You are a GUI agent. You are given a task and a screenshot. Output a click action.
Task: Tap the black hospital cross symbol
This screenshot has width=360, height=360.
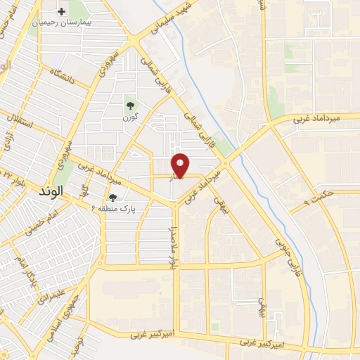coord(63,11)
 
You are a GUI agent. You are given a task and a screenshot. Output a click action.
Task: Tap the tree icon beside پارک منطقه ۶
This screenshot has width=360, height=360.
coord(112,198)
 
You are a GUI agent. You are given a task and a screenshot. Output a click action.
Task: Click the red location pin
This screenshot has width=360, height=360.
coord(181,166)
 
